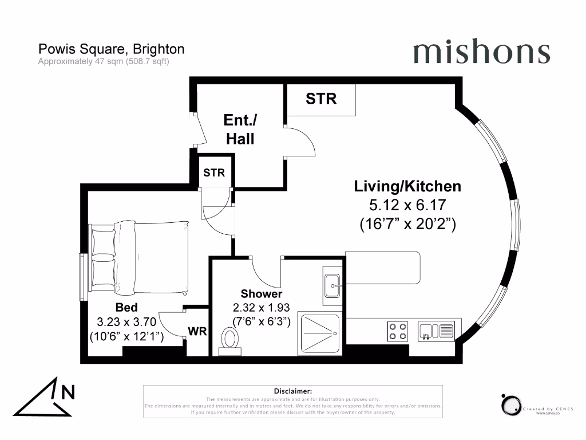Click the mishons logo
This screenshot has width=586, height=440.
(481, 52)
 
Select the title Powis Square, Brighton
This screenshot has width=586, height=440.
(111, 49)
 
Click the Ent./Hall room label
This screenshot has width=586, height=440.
(240, 129)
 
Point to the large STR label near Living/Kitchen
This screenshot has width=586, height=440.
(321, 99)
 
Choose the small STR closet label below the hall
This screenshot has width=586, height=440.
(214, 172)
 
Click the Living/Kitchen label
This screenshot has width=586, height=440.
(407, 186)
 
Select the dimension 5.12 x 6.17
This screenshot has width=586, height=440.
(407, 205)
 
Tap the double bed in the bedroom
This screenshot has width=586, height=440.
(140, 257)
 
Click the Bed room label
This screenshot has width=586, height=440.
(126, 308)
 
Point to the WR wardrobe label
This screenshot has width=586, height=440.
(197, 332)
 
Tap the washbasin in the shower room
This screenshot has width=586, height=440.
(332, 284)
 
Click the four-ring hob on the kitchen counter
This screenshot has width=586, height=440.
(398, 331)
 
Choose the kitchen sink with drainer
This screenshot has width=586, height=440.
(436, 331)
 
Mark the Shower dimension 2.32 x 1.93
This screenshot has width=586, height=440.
(261, 308)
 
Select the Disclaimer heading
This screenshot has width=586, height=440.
(292, 390)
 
